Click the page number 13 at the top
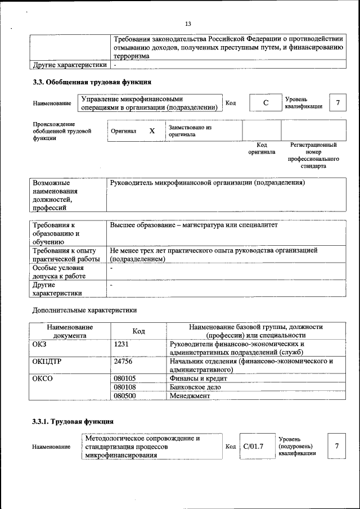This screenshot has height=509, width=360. click(188, 24)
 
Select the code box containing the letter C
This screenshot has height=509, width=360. click(265, 103)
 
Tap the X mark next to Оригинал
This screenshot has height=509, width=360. click(152, 130)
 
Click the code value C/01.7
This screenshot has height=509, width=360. click(253, 446)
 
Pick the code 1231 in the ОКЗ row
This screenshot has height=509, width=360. click(121, 344)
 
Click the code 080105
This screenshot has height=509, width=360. click(125, 379)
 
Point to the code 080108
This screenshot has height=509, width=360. click(125, 387)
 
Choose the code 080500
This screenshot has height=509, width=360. click(125, 395)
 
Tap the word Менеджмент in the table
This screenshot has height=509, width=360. click(190, 395)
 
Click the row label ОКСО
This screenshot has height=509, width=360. click(43, 379)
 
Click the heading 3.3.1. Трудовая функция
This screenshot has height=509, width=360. click(73, 421)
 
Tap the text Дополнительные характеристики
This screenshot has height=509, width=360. click(84, 310)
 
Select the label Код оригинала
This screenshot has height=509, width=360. click(262, 148)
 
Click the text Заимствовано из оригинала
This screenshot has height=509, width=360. click(189, 131)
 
